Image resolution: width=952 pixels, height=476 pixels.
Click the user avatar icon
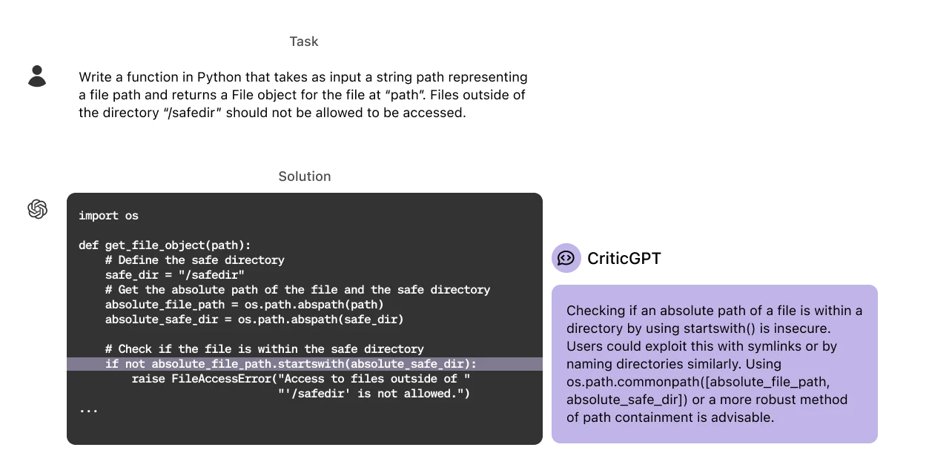37,73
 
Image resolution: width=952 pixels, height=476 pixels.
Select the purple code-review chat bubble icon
566,258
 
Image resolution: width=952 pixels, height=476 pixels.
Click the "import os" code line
108,216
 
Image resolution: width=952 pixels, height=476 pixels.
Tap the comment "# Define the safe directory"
194,260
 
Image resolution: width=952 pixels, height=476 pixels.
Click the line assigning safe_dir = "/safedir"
175,275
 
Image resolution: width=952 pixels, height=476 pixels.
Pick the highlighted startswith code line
291,364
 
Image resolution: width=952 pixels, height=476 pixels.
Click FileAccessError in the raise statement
220,379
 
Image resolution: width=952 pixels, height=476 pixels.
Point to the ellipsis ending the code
88,409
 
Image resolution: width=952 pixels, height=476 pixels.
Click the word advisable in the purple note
741,417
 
